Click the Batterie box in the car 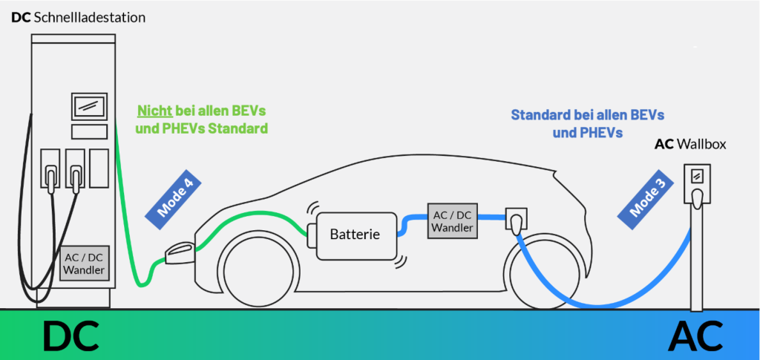[x=355, y=235]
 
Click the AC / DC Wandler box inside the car [x=451, y=220]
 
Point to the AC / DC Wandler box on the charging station [x=84, y=262]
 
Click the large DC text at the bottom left [x=70, y=336]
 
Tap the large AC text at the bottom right [x=695, y=336]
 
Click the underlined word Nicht [x=154, y=111]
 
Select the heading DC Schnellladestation [x=78, y=16]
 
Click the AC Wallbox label [x=689, y=144]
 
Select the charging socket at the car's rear [x=514, y=220]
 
